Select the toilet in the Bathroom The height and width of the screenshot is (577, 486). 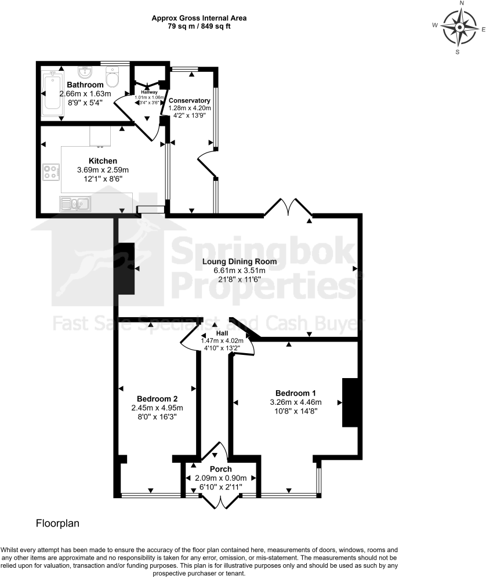point(113,75)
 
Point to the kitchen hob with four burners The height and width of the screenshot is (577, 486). point(51,172)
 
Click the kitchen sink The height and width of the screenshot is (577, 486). point(75,203)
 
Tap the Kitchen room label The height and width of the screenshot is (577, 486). point(103,161)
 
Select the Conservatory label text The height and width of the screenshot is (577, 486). point(189,100)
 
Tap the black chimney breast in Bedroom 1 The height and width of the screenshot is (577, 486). point(350,402)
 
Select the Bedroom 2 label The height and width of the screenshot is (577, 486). point(157,398)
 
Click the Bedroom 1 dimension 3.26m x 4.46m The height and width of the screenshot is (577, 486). point(295,402)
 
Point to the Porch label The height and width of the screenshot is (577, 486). point(220,469)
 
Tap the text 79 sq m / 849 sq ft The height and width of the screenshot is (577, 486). point(199,27)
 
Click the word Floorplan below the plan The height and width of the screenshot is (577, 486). point(57,523)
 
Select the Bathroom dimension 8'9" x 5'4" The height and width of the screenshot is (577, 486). point(85,103)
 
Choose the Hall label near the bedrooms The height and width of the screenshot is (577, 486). point(222,333)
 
